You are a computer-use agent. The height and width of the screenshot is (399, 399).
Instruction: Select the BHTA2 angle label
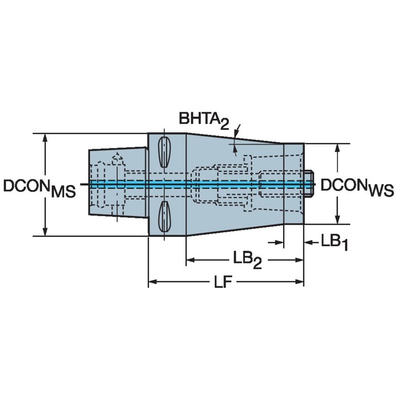[204, 120]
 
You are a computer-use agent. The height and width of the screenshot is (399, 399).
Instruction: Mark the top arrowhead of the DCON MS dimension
[45, 137]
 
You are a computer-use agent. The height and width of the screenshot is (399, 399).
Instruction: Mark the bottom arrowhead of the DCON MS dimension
[45, 232]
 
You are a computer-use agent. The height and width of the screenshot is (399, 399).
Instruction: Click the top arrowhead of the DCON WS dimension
[337, 148]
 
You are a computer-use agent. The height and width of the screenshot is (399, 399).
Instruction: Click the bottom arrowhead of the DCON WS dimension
[337, 221]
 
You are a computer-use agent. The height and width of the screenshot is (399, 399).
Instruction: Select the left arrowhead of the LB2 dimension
[190, 259]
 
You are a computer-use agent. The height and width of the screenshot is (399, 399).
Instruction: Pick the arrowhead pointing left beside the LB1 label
[308, 242]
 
